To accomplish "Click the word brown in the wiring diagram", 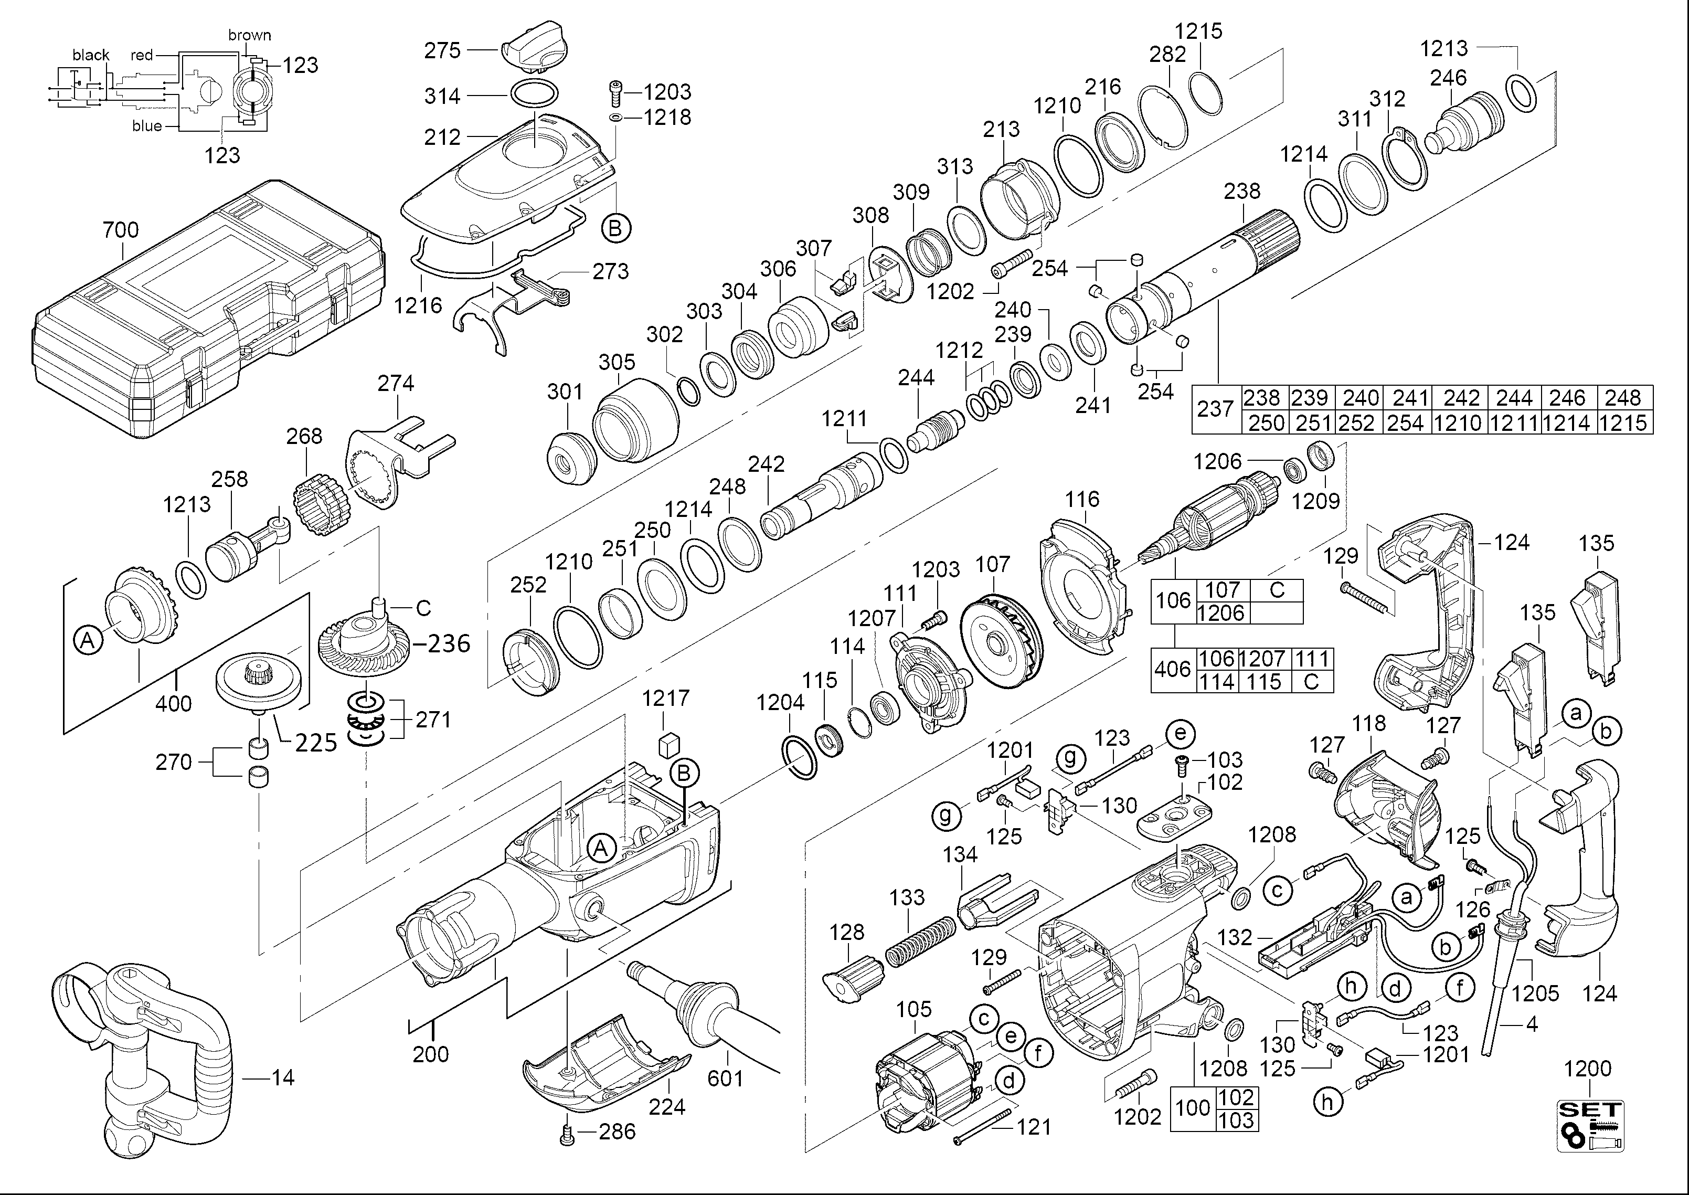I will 249,35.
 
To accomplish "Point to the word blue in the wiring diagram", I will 147,126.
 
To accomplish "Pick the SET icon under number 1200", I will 1590,1124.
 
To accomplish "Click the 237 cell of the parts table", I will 1215,409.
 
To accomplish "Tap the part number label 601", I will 725,1078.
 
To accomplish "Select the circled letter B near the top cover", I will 615,228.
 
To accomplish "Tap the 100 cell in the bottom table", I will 1193,1107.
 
